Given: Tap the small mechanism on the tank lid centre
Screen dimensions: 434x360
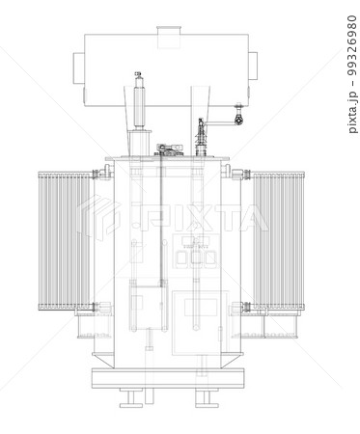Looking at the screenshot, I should tap(169, 149).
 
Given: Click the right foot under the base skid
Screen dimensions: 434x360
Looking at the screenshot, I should tap(205, 398).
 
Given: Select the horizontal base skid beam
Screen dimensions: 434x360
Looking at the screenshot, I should tap(169, 378).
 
